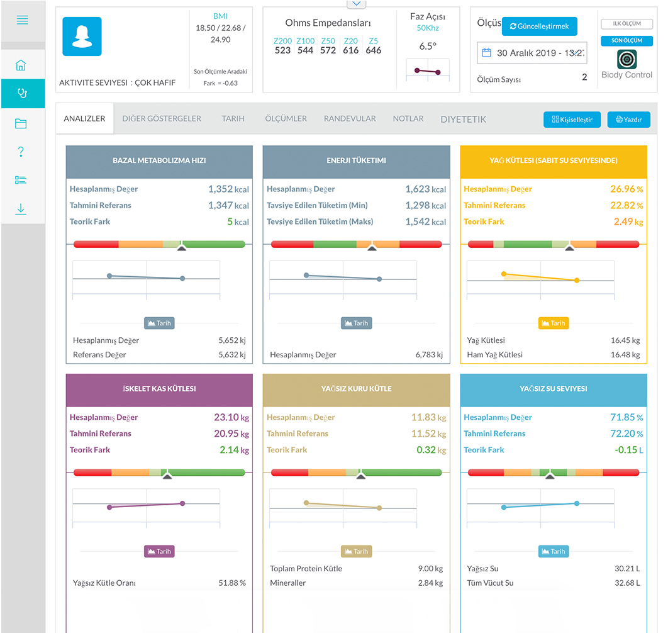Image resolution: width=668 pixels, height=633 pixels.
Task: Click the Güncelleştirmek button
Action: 539,26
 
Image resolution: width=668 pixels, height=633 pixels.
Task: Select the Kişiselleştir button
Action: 572,120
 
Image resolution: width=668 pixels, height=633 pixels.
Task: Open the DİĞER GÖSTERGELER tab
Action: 162,118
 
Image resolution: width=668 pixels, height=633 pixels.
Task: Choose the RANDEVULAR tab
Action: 350,118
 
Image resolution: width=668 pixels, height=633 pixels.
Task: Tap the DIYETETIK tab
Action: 463,119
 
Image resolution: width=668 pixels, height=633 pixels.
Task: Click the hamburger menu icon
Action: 22,20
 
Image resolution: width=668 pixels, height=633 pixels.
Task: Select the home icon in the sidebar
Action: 21,65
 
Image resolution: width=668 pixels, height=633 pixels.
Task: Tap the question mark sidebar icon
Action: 21,151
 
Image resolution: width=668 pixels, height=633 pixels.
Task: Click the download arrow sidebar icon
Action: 21,209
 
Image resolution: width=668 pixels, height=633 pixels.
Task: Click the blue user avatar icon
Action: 82,36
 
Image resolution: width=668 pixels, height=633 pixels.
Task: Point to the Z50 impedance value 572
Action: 328,50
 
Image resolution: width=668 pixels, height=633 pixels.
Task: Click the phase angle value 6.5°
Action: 428,46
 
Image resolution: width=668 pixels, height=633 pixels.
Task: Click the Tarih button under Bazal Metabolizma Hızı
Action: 159,323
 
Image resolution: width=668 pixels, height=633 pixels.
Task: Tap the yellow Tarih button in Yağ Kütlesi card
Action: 553,323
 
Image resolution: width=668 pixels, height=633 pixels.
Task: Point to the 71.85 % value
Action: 625,417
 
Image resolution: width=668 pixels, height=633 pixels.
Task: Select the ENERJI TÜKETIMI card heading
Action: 356,160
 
